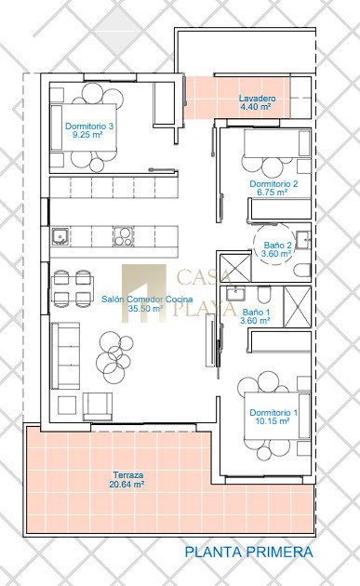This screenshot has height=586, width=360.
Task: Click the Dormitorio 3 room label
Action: pyautogui.click(x=89, y=127)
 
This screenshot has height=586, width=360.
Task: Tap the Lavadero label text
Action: pyautogui.click(x=257, y=99)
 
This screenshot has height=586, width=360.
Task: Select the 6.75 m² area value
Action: pyautogui.click(x=273, y=193)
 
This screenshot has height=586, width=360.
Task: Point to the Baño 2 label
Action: pyautogui.click(x=277, y=246)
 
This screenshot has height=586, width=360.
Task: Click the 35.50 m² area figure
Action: pyautogui.click(x=145, y=308)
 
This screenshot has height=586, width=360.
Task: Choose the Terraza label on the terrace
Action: pyautogui.click(x=128, y=475)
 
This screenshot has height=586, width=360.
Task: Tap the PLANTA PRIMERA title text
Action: pyautogui.click(x=249, y=552)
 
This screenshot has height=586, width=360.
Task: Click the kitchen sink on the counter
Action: pyautogui.click(x=60, y=236)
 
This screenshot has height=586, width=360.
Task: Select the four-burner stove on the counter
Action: pyautogui.click(x=123, y=236)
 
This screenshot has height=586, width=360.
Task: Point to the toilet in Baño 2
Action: pyautogui.click(x=302, y=270)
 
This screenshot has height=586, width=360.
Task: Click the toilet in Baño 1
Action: pyautogui.click(x=264, y=295)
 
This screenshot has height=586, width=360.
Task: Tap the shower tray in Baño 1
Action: pyautogui.click(x=298, y=307)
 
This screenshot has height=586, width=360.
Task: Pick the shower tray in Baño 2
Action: pyautogui.click(x=235, y=267)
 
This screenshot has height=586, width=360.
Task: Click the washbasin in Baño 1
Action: pyautogui.click(x=235, y=293)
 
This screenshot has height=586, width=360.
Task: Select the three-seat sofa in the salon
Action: pyautogui.click(x=66, y=355)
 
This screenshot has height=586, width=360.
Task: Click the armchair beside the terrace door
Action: pyautogui.click(x=98, y=406)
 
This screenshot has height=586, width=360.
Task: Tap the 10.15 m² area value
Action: pyautogui.click(x=273, y=420)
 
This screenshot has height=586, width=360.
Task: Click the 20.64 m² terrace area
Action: pyautogui.click(x=127, y=485)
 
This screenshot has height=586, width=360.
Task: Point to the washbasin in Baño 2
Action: pyautogui.click(x=303, y=240)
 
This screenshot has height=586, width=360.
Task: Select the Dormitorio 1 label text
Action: pyautogui.click(x=273, y=413)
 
